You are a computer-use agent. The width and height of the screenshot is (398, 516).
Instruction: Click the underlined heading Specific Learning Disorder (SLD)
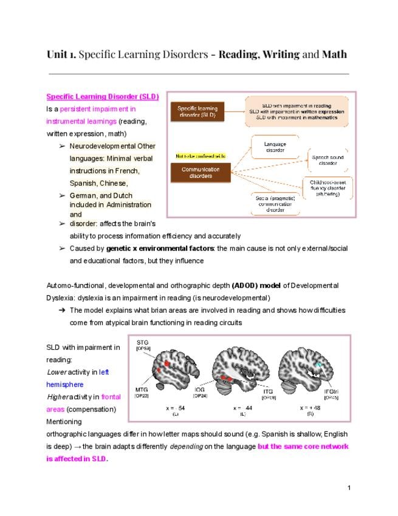click(102, 97)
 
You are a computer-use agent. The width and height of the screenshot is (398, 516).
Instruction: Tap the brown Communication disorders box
click(201, 172)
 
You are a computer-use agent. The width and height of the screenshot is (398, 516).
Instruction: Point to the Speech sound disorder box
click(328, 160)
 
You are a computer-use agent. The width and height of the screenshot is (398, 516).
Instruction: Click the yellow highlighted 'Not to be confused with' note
click(200, 156)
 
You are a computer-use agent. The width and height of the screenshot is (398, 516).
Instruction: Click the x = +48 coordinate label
click(311, 406)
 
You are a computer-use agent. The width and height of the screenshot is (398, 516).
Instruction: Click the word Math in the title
click(334, 54)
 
